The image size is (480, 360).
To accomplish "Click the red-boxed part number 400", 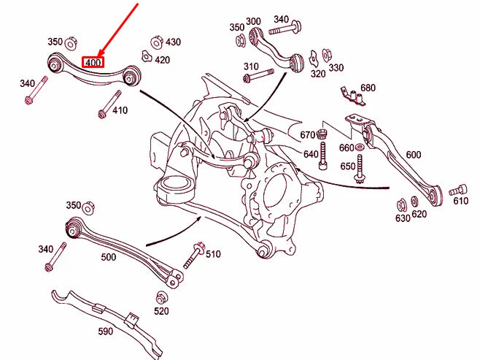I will tap(93, 63).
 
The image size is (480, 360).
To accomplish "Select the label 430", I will tap(173, 42).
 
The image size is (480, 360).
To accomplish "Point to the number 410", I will tap(119, 111).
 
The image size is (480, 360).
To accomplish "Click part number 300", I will tap(253, 22).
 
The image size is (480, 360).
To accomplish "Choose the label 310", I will tap(251, 66).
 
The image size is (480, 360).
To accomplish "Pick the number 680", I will tap(368, 88).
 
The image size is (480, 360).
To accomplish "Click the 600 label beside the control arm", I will tap(414, 154).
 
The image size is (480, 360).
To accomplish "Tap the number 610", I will tap(460, 201).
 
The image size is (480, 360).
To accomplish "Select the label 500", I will tap(109, 257).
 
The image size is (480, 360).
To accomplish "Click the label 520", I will tap(161, 311).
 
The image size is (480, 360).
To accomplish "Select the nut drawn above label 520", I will tap(161, 297).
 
